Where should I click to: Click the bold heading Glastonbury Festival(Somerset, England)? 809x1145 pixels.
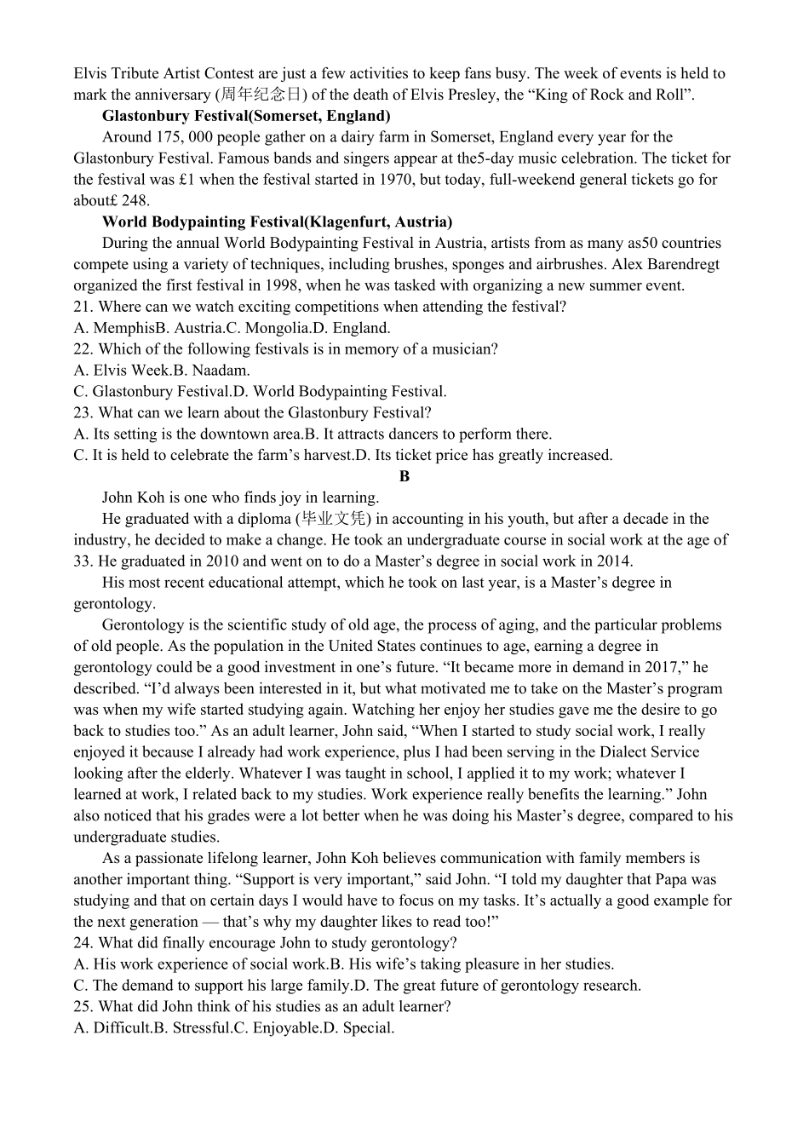246,116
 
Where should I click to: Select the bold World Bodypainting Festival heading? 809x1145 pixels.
277,222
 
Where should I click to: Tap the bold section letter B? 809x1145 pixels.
404,476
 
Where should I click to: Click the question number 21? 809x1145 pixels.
83,307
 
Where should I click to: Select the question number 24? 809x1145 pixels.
83,943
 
